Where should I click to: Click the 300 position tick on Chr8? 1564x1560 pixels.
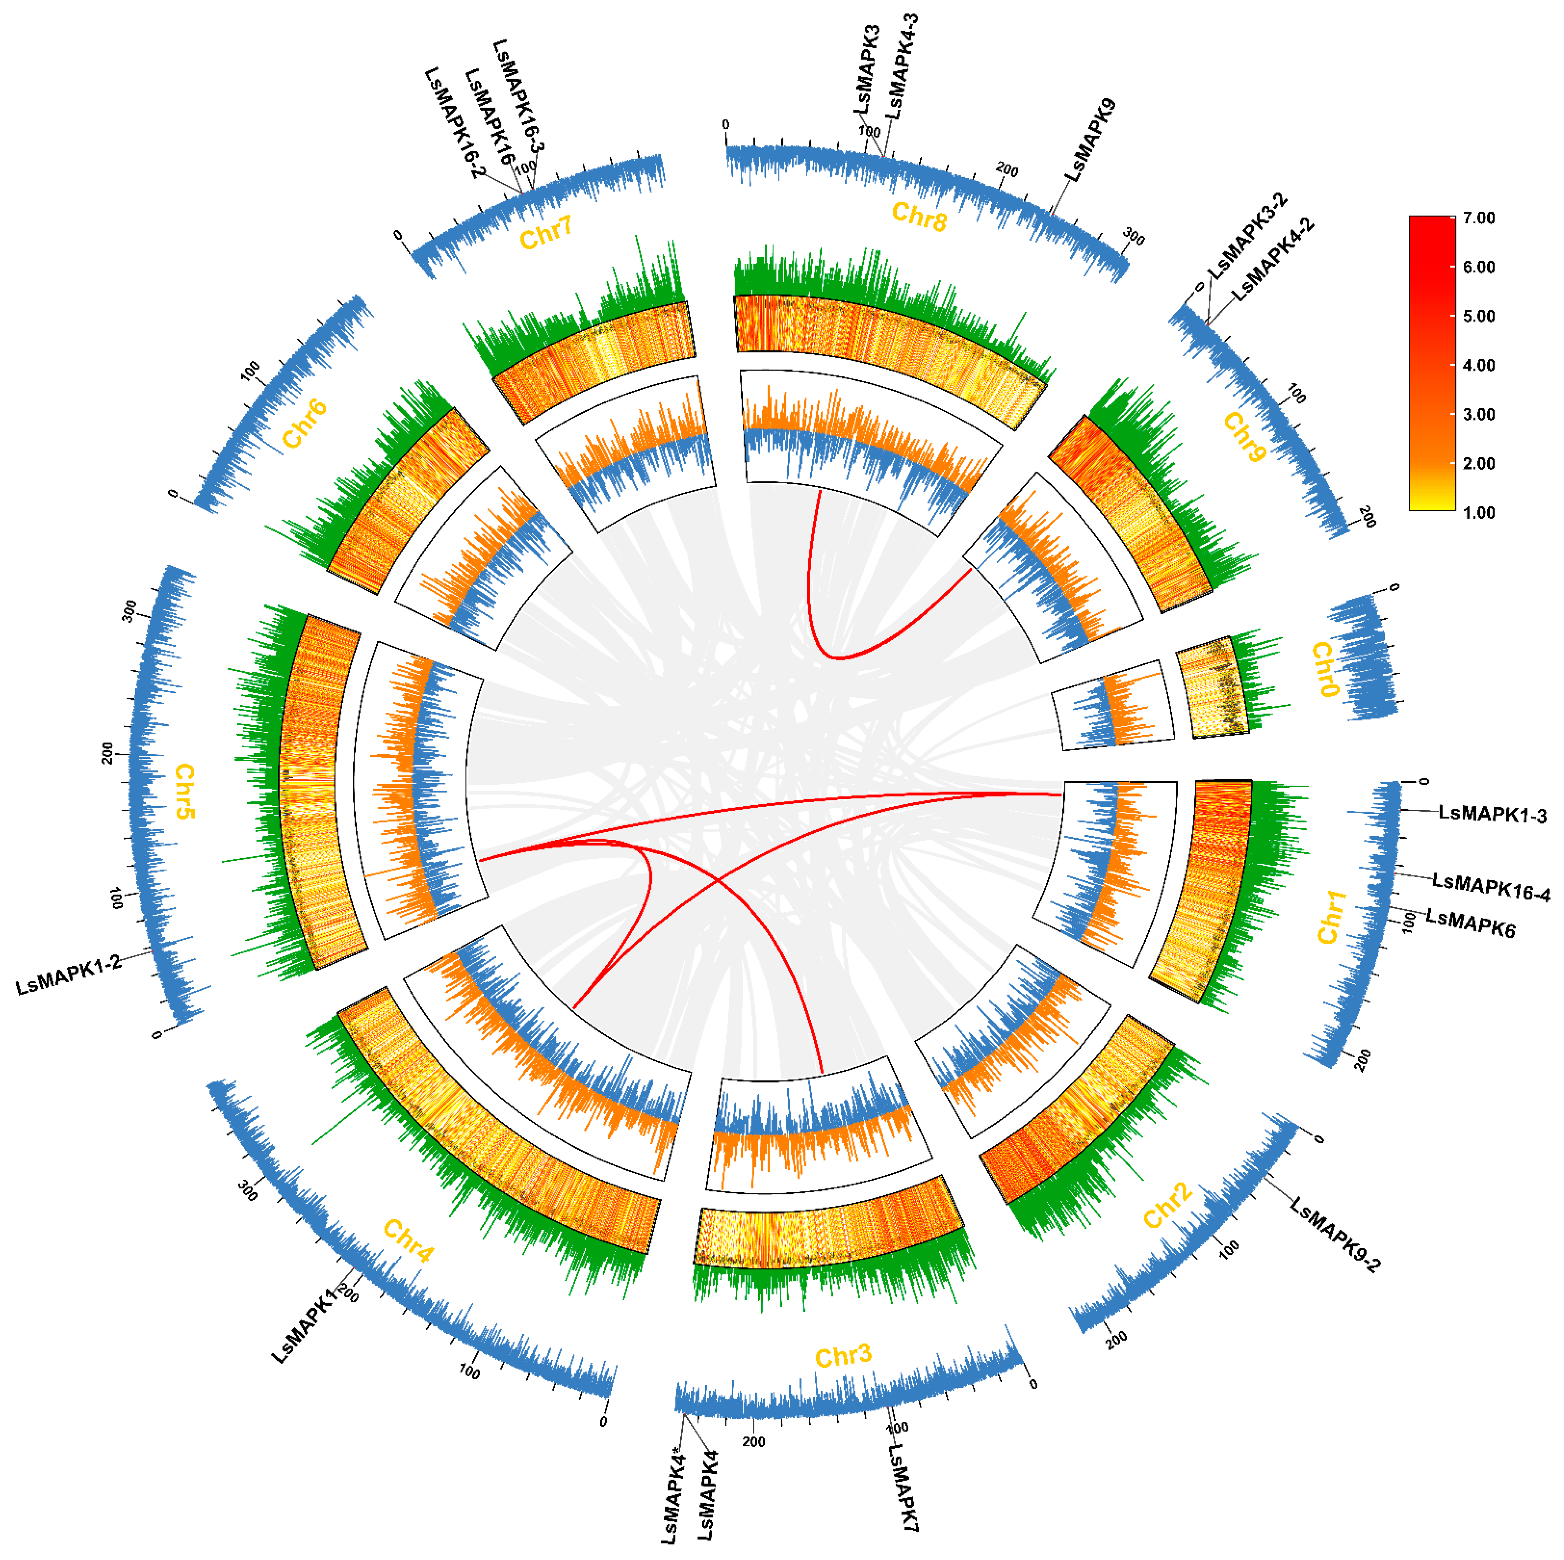[1133, 237]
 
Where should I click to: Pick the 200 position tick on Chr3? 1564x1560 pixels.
[753, 1442]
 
